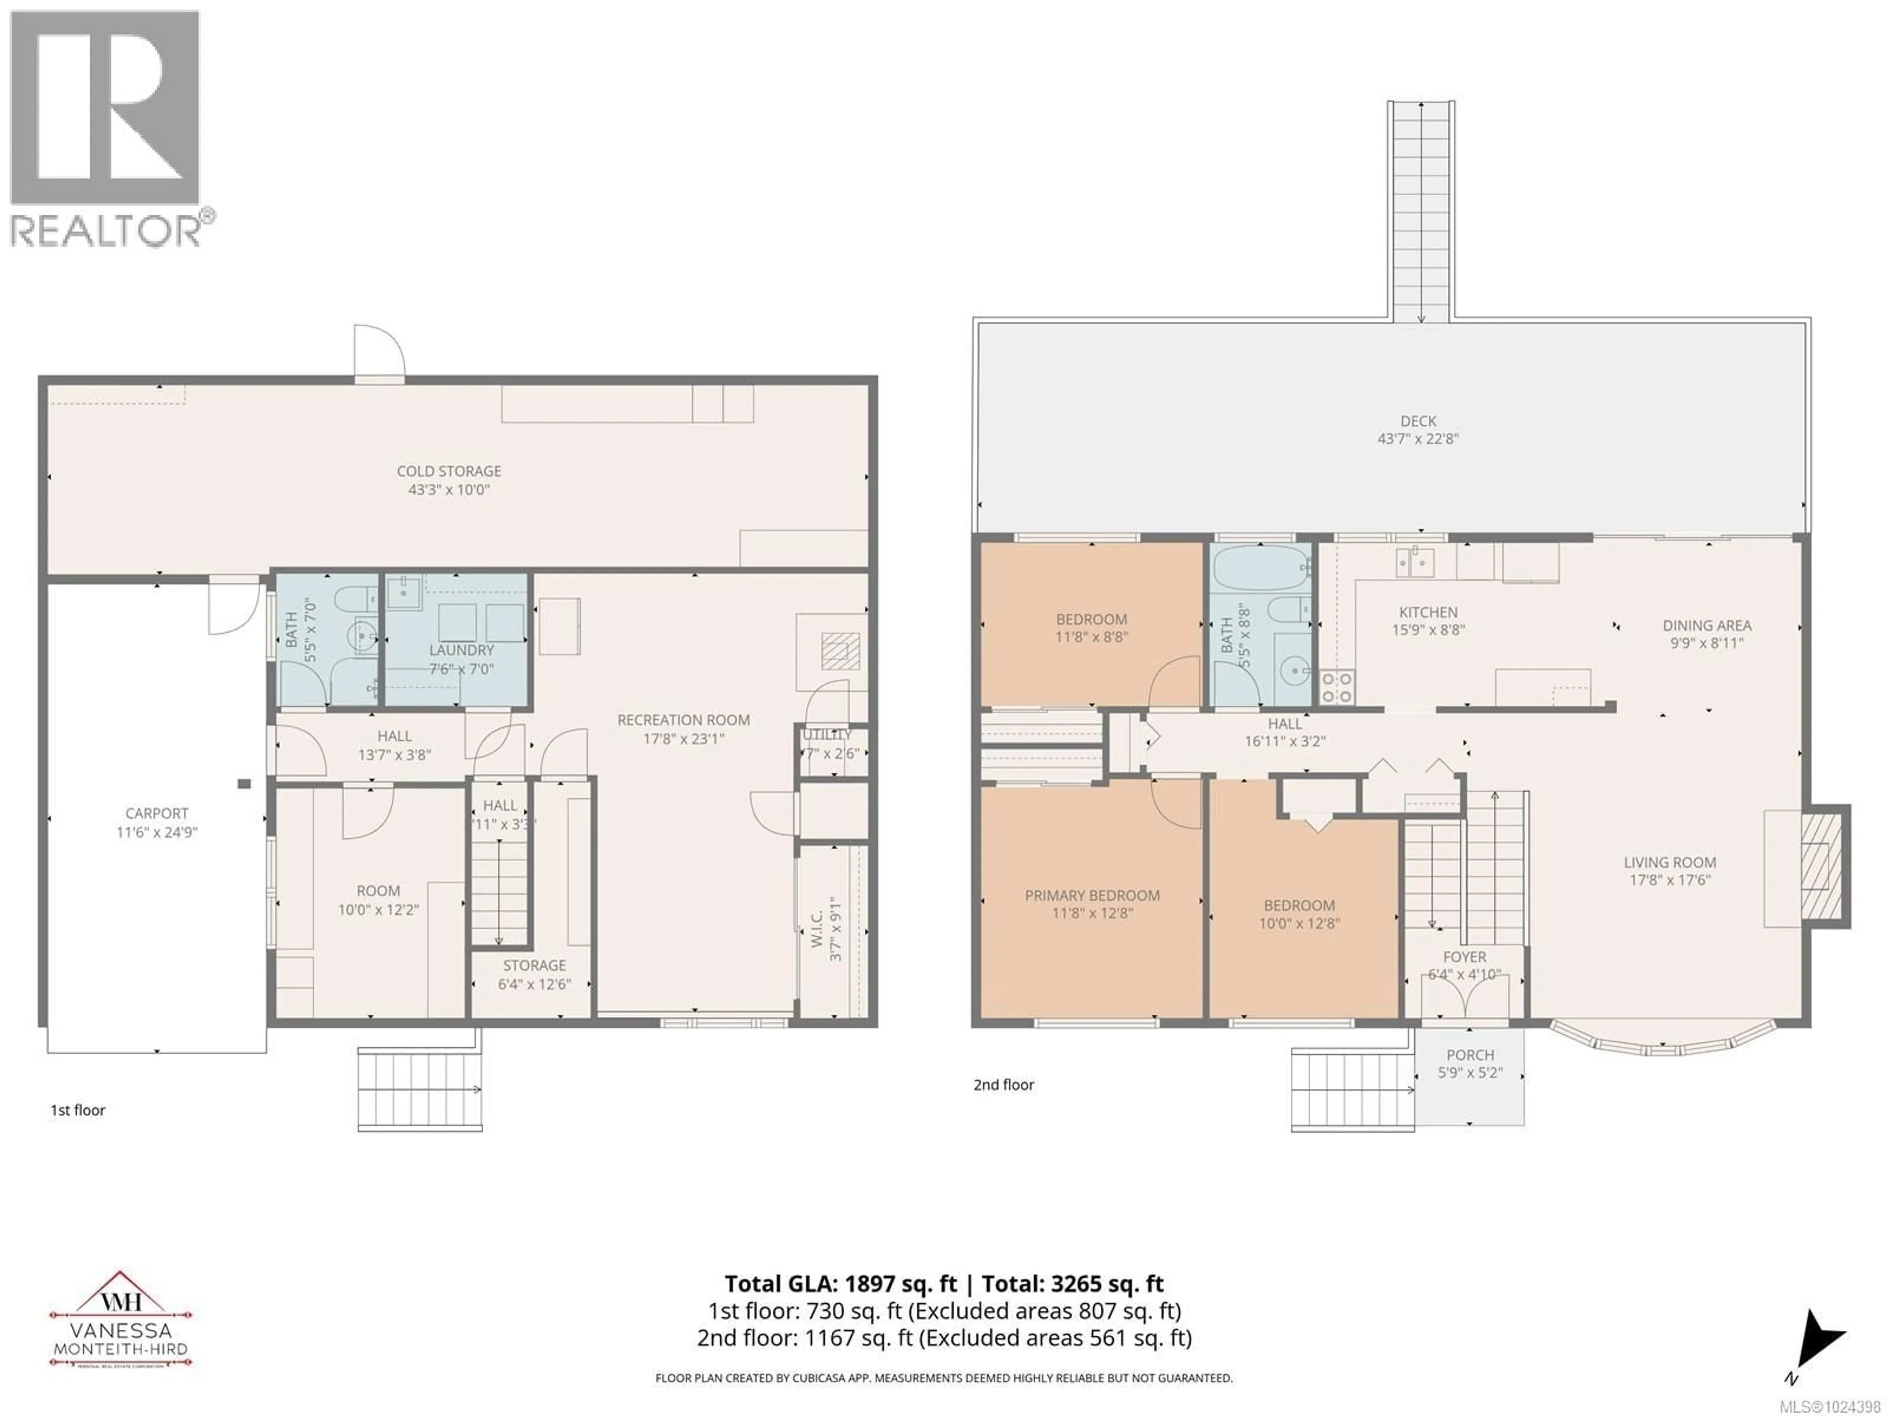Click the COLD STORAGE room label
(449, 471)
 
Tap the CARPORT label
(156, 813)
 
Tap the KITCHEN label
(1428, 612)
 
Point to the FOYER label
(1465, 957)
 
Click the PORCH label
(1470, 1055)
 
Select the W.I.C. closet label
(817, 929)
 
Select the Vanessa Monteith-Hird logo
(120, 1321)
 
